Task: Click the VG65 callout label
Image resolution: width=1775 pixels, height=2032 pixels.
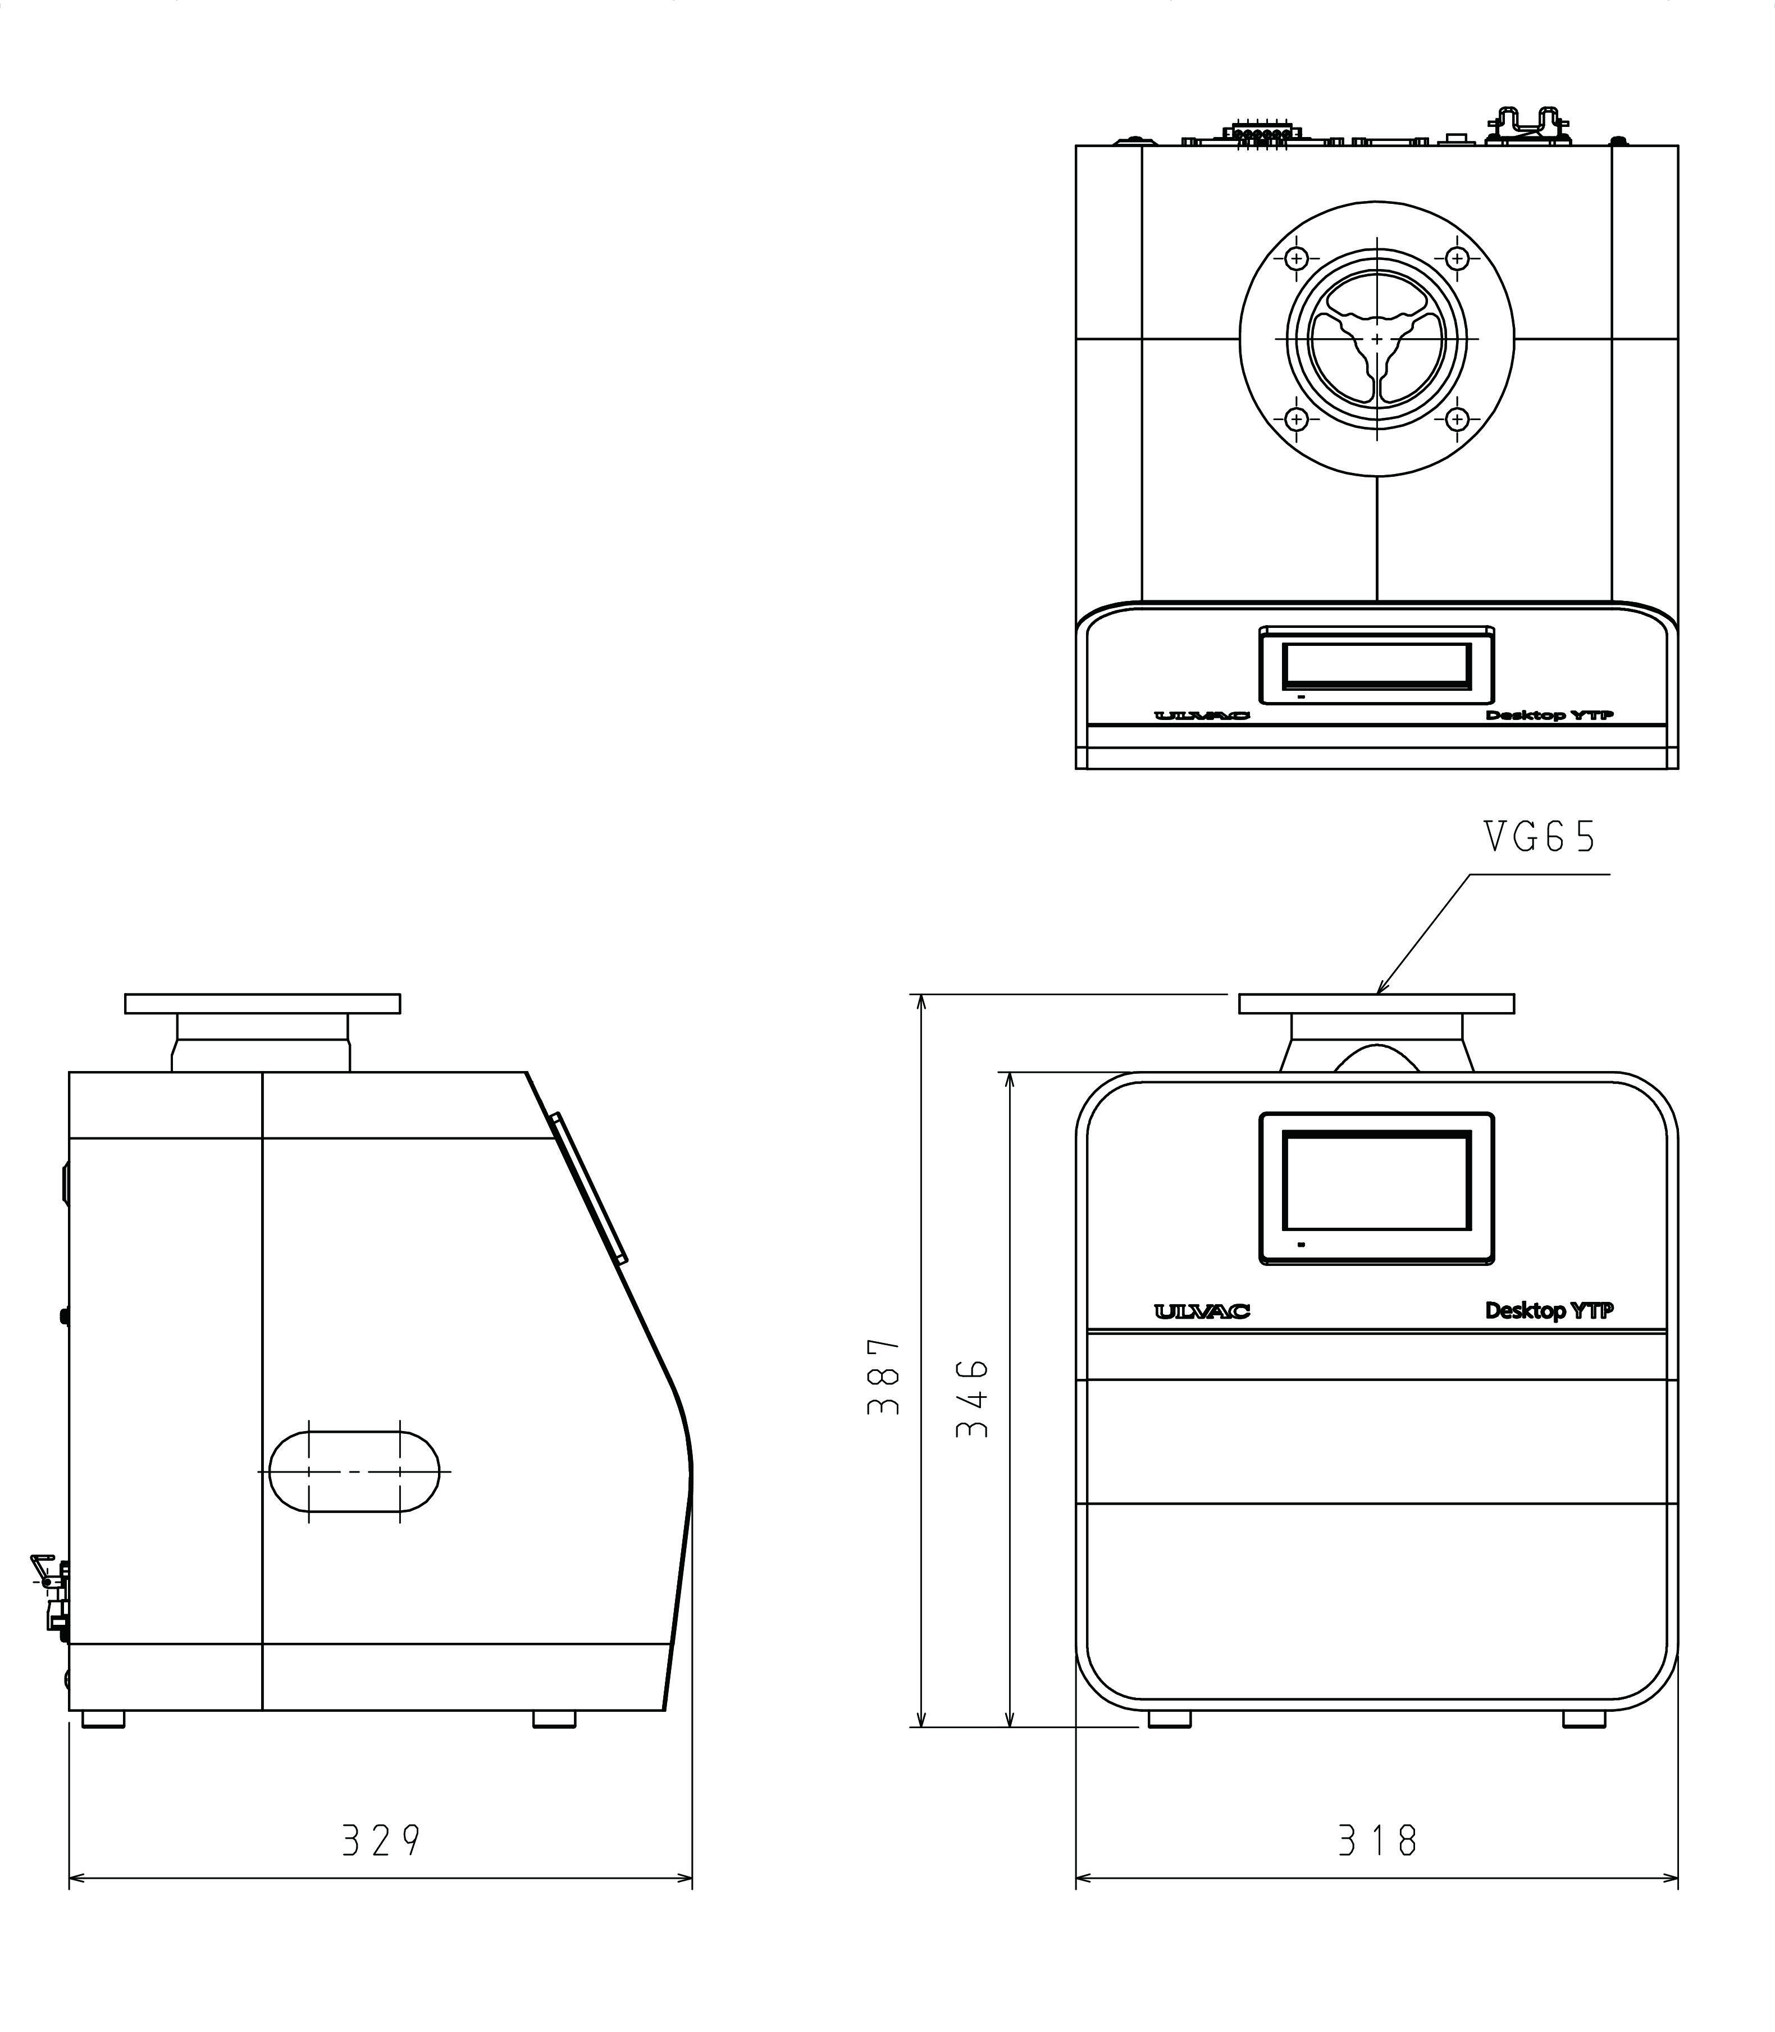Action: click(x=1540, y=838)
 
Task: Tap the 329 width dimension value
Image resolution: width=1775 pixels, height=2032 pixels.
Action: click(x=381, y=1841)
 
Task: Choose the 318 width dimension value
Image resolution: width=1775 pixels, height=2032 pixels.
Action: click(x=1377, y=1841)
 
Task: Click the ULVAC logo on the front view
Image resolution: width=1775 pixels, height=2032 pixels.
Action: click(x=1202, y=1312)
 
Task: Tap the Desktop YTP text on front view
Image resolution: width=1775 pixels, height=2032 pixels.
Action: click(x=1549, y=1311)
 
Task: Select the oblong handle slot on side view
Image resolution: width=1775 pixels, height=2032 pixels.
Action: click(x=354, y=1471)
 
